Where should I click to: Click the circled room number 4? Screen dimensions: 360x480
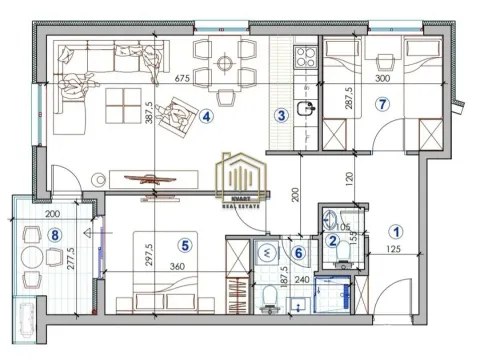(x=207, y=116)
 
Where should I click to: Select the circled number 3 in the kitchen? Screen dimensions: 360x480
(x=283, y=115)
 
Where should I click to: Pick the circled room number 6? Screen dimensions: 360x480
(x=298, y=253)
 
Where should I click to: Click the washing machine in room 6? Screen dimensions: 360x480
(x=266, y=254)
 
